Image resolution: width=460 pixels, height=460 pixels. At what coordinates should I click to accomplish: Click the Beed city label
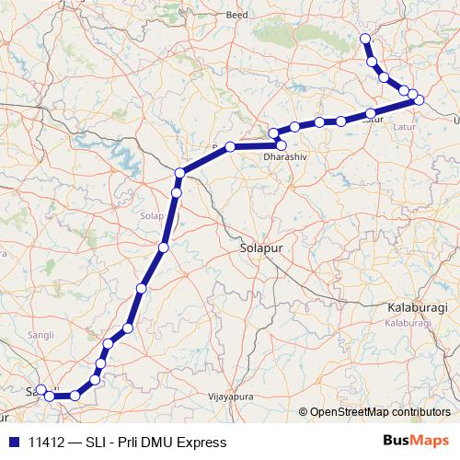click(x=237, y=16)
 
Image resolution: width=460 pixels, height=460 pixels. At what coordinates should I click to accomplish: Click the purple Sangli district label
click(x=41, y=334)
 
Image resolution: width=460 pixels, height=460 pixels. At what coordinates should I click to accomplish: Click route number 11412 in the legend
click(x=47, y=443)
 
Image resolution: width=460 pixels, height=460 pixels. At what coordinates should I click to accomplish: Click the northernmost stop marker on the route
click(x=365, y=39)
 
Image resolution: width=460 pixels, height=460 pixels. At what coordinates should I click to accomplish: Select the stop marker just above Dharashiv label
click(x=281, y=144)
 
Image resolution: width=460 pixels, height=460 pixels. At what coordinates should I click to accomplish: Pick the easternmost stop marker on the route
click(x=420, y=99)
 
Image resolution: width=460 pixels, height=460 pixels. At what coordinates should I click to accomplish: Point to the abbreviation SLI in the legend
click(x=98, y=443)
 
